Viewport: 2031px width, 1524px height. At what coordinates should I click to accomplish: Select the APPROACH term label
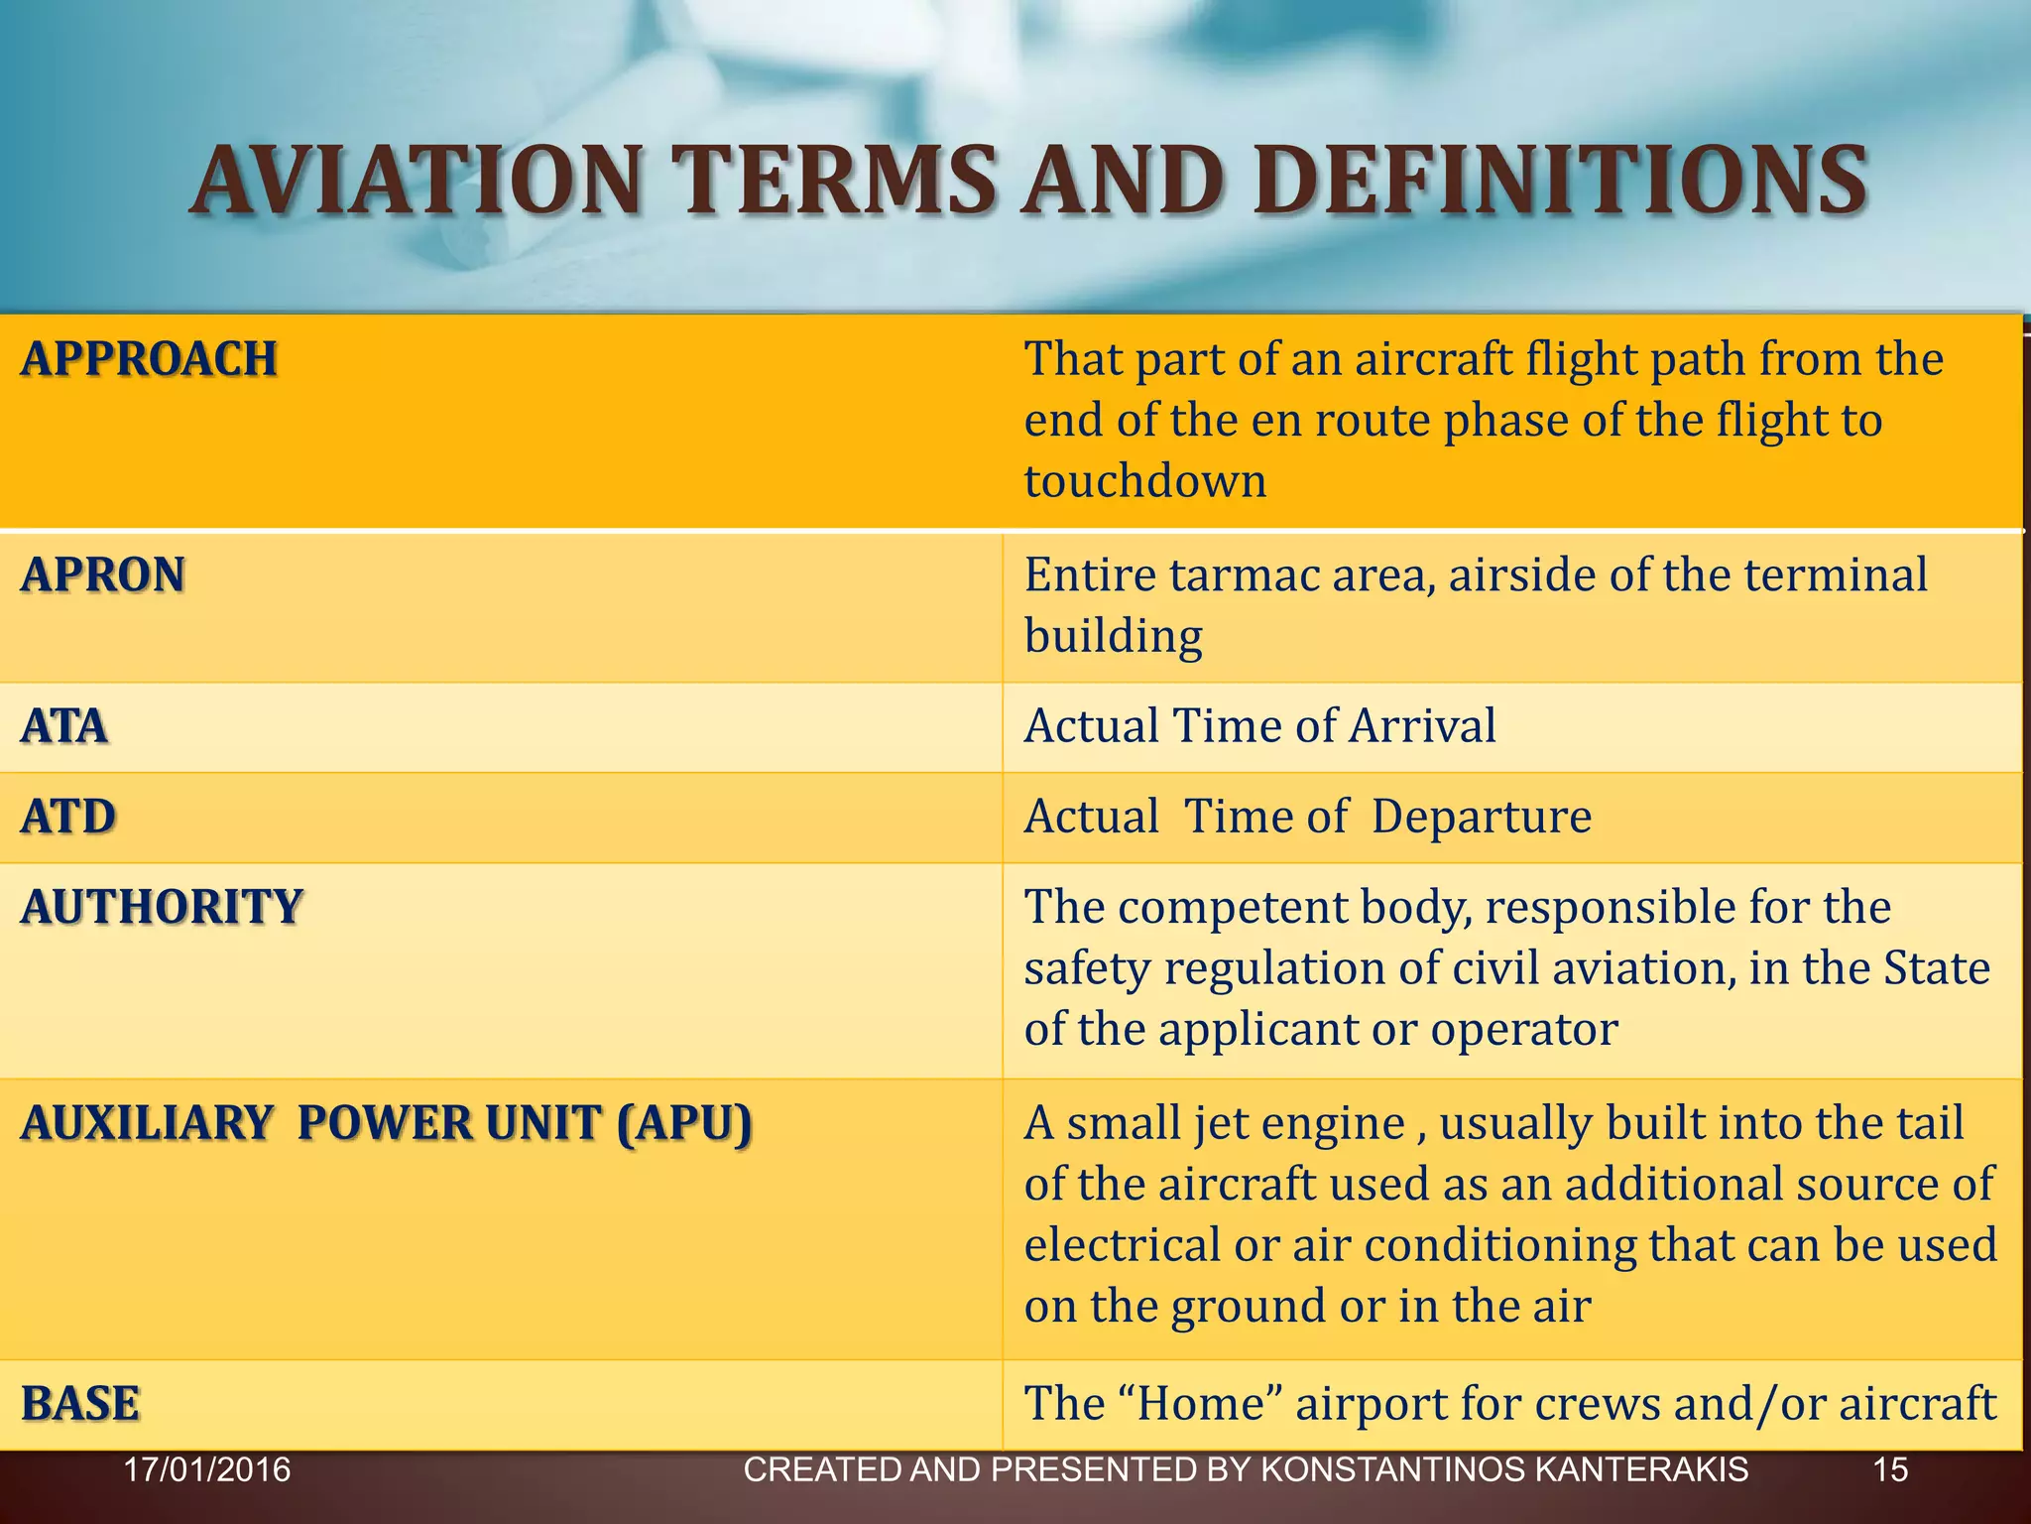(149, 359)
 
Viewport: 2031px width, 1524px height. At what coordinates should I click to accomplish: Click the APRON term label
(103, 575)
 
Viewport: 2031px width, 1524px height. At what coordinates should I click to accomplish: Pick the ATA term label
(64, 726)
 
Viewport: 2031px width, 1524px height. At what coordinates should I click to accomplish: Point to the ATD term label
(68, 818)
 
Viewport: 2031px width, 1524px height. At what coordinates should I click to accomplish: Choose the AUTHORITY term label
(162, 908)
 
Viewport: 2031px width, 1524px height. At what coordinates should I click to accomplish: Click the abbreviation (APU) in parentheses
(684, 1124)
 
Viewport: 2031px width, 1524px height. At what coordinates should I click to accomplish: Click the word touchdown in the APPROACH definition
(1145, 482)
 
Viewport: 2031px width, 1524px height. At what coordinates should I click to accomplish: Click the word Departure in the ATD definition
(1482, 818)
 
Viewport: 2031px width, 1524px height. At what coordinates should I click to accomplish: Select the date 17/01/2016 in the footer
(207, 1469)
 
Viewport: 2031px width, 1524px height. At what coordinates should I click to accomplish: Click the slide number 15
(1890, 1469)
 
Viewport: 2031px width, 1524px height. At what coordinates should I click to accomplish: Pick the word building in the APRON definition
(1113, 637)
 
